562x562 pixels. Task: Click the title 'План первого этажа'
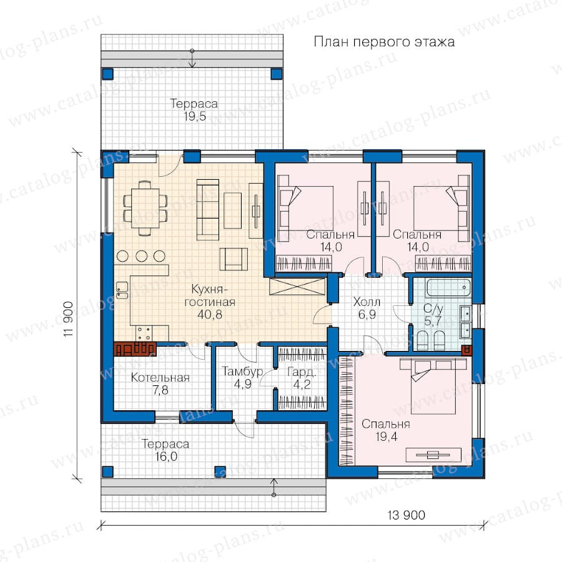(x=384, y=42)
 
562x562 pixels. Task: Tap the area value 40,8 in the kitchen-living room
(x=210, y=314)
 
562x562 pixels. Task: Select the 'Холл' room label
(x=367, y=302)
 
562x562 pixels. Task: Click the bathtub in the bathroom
(x=448, y=288)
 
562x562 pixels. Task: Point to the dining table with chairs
(x=145, y=208)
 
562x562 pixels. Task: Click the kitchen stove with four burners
(x=144, y=333)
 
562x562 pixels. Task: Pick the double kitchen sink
(x=122, y=290)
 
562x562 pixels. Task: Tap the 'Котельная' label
(x=160, y=377)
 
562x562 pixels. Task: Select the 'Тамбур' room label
(x=242, y=372)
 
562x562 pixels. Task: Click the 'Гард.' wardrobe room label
(x=302, y=372)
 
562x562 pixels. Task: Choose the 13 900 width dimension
(x=406, y=515)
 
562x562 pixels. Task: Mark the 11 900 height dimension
(x=68, y=318)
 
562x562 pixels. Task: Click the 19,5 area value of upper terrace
(x=195, y=116)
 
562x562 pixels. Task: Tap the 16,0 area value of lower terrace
(x=166, y=456)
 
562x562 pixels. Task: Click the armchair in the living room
(x=234, y=259)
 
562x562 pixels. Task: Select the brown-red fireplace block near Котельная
(x=134, y=348)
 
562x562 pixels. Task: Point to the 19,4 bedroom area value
(x=386, y=436)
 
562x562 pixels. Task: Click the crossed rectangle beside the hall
(x=298, y=287)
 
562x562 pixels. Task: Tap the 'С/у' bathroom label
(x=433, y=308)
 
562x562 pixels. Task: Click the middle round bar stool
(x=141, y=256)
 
